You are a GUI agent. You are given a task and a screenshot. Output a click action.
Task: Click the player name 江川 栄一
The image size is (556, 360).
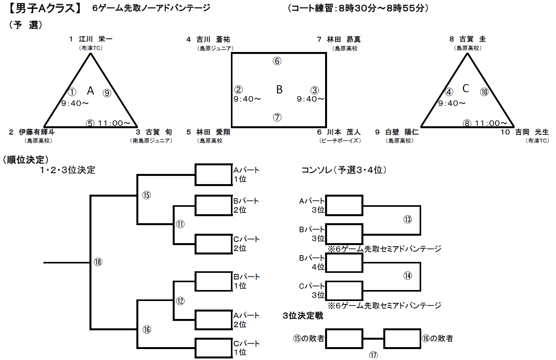95,39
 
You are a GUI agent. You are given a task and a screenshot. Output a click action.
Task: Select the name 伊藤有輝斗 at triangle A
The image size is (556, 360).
37,132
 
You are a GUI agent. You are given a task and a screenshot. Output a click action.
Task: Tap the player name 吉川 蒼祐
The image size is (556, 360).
213,39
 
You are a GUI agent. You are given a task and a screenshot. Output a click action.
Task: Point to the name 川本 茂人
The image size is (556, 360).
343,132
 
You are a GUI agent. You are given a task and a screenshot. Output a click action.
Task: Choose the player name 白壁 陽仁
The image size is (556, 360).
402,132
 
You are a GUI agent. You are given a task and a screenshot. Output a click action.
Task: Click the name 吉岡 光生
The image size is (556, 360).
531,132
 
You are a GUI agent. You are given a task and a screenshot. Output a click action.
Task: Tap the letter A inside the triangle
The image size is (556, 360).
90,91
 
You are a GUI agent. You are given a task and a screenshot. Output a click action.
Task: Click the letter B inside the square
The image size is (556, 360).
279,90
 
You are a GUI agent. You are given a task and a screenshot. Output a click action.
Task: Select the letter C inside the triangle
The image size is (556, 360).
465,89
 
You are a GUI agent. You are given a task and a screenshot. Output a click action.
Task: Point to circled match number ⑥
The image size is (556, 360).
277,61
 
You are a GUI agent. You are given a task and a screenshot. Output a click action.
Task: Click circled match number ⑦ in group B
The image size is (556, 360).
277,117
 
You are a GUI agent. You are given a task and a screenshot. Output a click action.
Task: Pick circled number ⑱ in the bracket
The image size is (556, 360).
98,262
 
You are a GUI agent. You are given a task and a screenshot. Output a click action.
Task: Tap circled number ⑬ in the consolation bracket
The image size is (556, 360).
408,219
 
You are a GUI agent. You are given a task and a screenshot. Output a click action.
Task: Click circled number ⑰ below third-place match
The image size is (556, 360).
374,355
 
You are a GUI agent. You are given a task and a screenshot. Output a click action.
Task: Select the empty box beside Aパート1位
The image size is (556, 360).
214,174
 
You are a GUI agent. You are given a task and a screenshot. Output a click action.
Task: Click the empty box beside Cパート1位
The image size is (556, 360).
214,348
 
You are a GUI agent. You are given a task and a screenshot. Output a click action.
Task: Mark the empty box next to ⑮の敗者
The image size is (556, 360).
344,339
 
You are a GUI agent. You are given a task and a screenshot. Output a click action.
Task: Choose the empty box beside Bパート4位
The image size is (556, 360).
344,262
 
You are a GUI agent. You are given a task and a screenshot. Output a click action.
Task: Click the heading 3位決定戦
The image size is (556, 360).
303,315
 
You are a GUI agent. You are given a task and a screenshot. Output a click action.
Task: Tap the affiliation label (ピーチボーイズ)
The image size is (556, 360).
340,141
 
